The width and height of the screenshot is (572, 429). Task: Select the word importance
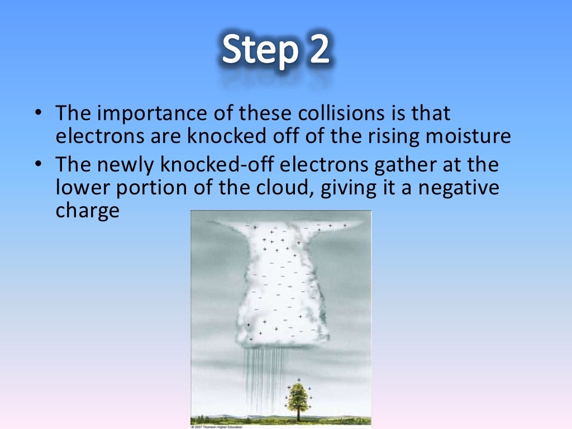[x=142, y=114]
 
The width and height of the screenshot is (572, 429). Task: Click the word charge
[x=87, y=211]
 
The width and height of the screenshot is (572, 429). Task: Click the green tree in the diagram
[x=298, y=397]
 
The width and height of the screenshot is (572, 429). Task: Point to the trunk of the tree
[x=298, y=414]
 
